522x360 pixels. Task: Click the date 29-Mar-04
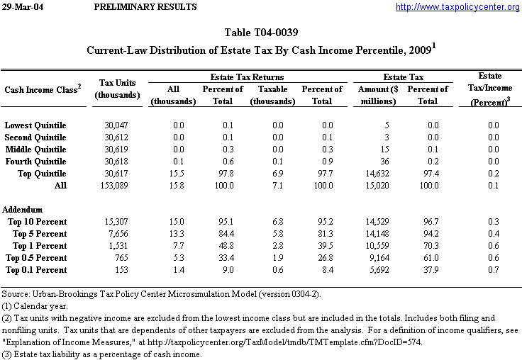click(x=23, y=7)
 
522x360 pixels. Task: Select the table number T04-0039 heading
click(x=260, y=33)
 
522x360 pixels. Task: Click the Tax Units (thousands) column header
click(x=117, y=89)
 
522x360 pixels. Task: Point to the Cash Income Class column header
click(x=43, y=89)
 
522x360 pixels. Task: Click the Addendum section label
click(x=23, y=210)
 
